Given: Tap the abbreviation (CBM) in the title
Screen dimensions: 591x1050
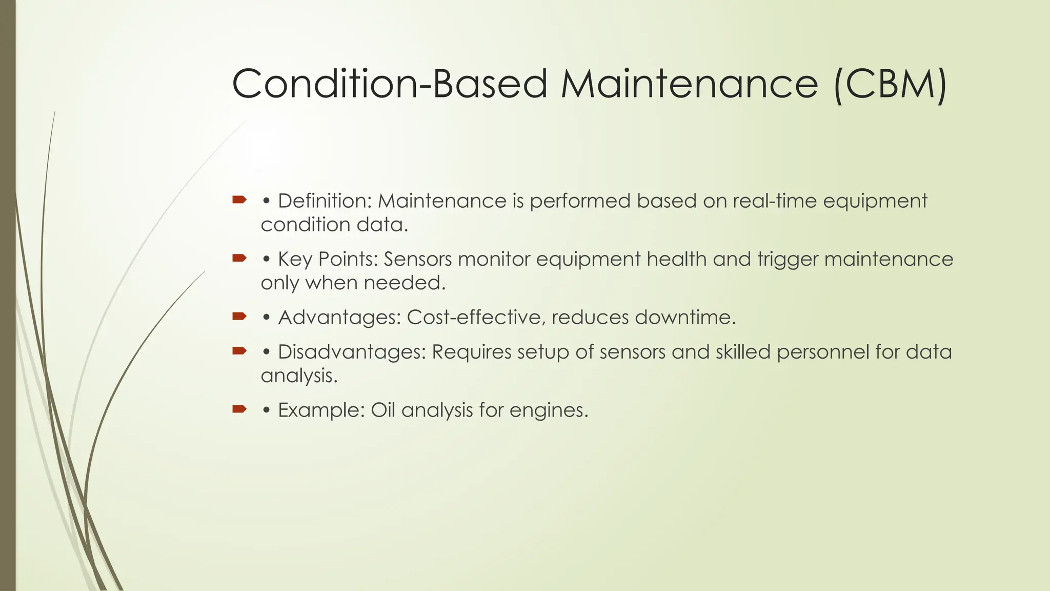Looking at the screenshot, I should [890, 84].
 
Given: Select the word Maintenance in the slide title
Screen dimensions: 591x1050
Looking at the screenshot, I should [689, 84].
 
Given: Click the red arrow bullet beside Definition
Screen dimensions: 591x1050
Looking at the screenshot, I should [239, 200].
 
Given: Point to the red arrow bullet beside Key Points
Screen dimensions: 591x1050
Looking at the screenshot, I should [239, 258].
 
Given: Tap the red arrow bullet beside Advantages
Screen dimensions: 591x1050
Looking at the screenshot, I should [239, 317].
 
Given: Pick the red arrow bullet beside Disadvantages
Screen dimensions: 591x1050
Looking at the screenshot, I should [239, 351].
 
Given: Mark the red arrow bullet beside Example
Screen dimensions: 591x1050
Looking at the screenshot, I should [239, 409].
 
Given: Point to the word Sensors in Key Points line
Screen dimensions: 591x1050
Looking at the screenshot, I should [417, 259].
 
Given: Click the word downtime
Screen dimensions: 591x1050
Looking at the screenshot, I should [684, 318].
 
